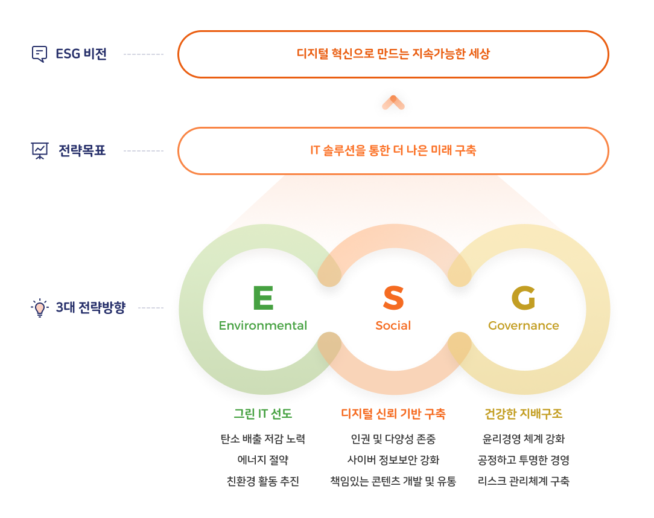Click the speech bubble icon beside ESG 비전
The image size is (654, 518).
40,54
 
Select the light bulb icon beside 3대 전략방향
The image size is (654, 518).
40,308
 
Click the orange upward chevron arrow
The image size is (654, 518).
393,102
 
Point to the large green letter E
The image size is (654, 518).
263,298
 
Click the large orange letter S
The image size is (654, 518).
393,298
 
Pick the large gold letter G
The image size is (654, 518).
524,298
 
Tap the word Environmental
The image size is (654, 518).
263,325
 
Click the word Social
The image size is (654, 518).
393,325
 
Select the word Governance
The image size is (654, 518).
524,325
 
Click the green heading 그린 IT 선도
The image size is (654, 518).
263,414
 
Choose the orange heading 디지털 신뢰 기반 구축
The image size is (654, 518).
393,414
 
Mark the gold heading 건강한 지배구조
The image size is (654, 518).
524,414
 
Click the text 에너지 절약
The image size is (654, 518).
263,460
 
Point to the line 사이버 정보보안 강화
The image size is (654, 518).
393,460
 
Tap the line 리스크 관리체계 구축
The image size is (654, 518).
524,481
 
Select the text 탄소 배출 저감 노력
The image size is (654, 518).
263,439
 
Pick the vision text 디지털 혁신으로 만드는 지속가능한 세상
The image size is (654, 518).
393,54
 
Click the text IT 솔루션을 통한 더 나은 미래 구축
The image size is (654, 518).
393,150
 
